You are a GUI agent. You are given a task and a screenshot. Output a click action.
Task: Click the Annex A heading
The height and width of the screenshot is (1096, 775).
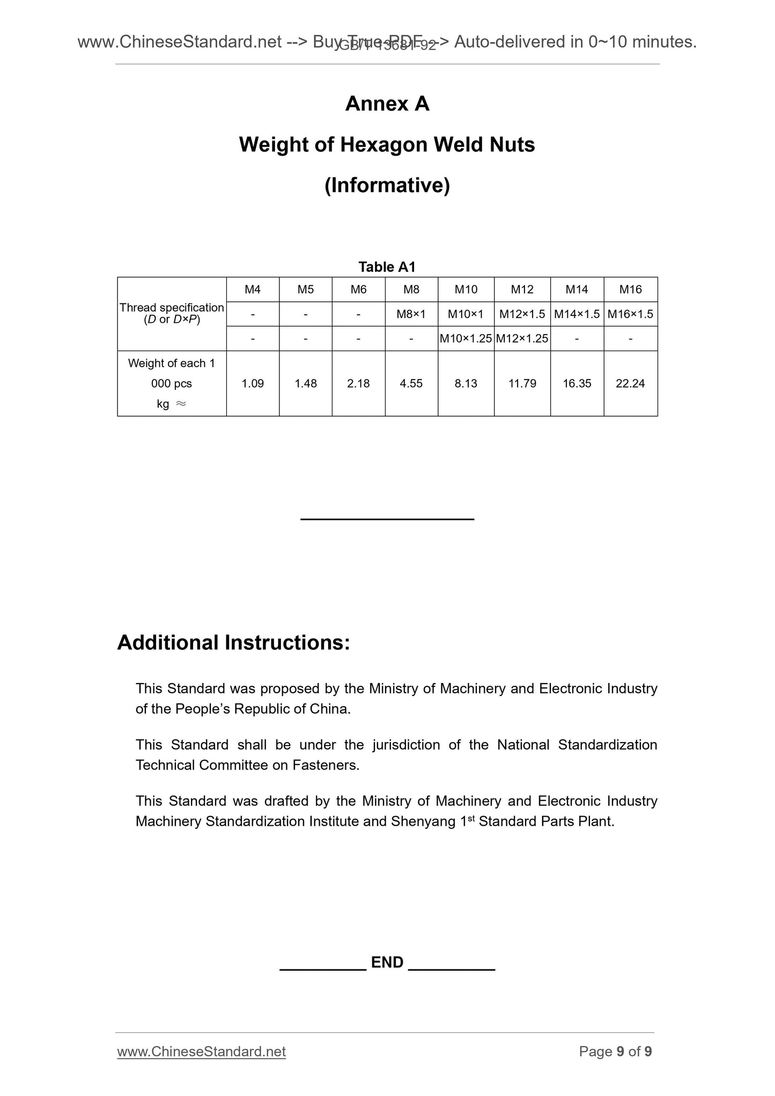pyautogui.click(x=387, y=104)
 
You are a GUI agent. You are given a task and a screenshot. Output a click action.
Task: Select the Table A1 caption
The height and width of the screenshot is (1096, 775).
pyautogui.click(x=387, y=266)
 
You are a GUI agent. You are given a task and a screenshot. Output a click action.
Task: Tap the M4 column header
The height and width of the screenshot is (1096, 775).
pyautogui.click(x=253, y=290)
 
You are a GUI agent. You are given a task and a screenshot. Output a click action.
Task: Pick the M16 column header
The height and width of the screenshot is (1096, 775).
pyautogui.click(x=630, y=290)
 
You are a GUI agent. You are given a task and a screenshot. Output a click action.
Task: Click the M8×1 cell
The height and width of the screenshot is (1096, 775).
pyautogui.click(x=411, y=314)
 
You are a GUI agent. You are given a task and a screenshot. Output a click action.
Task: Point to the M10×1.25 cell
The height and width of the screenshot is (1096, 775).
pyautogui.click(x=466, y=338)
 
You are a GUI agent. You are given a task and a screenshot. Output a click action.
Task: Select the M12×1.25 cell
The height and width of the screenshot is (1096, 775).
pyautogui.click(x=522, y=338)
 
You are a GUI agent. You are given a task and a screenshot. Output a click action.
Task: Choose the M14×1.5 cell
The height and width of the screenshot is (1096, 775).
pyautogui.click(x=577, y=314)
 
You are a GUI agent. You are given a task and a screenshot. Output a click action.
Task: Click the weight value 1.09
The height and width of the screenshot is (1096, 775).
pyautogui.click(x=253, y=383)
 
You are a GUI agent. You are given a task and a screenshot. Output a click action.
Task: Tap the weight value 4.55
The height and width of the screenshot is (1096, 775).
pyautogui.click(x=411, y=383)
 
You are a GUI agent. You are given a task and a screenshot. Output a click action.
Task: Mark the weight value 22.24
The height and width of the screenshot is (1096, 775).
pyautogui.click(x=630, y=383)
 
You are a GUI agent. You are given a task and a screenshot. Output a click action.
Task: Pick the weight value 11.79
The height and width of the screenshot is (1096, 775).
pyautogui.click(x=522, y=383)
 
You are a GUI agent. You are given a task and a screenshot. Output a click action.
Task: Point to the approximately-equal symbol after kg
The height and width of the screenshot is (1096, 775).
pyautogui.click(x=181, y=404)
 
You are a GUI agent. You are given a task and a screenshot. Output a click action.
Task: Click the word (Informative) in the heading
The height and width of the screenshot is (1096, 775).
pyautogui.click(x=387, y=186)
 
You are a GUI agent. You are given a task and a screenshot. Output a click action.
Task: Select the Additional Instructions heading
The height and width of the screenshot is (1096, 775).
pyautogui.click(x=233, y=642)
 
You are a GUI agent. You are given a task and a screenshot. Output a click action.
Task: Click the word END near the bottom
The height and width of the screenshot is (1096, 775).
pyautogui.click(x=387, y=962)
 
